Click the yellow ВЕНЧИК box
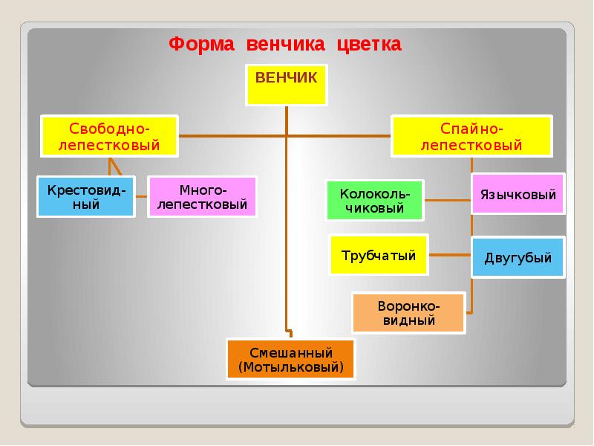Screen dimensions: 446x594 [x=286, y=85]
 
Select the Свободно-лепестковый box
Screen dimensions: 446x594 [x=110, y=135]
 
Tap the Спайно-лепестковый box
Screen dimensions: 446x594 [x=471, y=135]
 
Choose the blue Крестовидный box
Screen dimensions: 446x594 [x=87, y=196]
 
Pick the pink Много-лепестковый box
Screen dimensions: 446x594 [x=203, y=196]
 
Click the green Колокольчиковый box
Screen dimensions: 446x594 [x=375, y=200]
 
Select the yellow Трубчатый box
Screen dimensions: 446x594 [x=379, y=255]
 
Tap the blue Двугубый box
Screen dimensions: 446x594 [x=518, y=258]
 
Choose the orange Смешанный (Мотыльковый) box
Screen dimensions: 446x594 [x=291, y=360]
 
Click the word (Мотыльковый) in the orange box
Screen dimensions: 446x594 [x=291, y=367]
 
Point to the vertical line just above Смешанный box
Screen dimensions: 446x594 [x=287, y=320]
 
